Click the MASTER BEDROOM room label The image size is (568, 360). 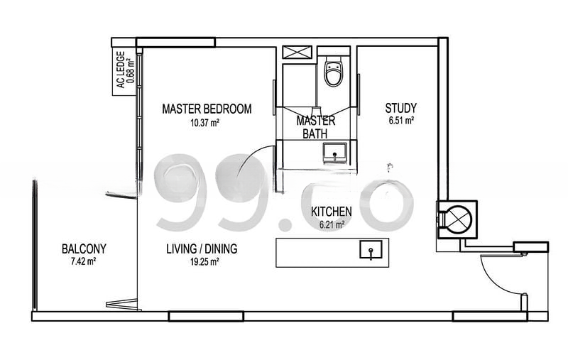(x=207, y=109)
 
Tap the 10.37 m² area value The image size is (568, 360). (x=204, y=123)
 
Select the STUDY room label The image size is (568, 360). (x=400, y=108)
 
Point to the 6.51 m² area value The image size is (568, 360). (x=401, y=121)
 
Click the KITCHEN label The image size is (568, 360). (x=331, y=212)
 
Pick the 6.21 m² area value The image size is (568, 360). (x=332, y=225)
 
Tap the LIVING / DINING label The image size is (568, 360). (x=202, y=249)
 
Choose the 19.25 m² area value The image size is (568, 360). (x=204, y=261)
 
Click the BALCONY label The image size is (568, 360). (x=84, y=249)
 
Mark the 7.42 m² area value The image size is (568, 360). (x=83, y=261)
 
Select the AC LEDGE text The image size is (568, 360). (x=121, y=70)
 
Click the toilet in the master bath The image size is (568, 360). (x=334, y=71)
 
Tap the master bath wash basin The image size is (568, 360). (x=334, y=153)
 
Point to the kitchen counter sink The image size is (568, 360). (x=371, y=250)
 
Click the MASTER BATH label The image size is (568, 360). (x=315, y=127)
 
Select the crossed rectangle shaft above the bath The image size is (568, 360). (x=297, y=51)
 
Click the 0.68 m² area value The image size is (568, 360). (x=130, y=70)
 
